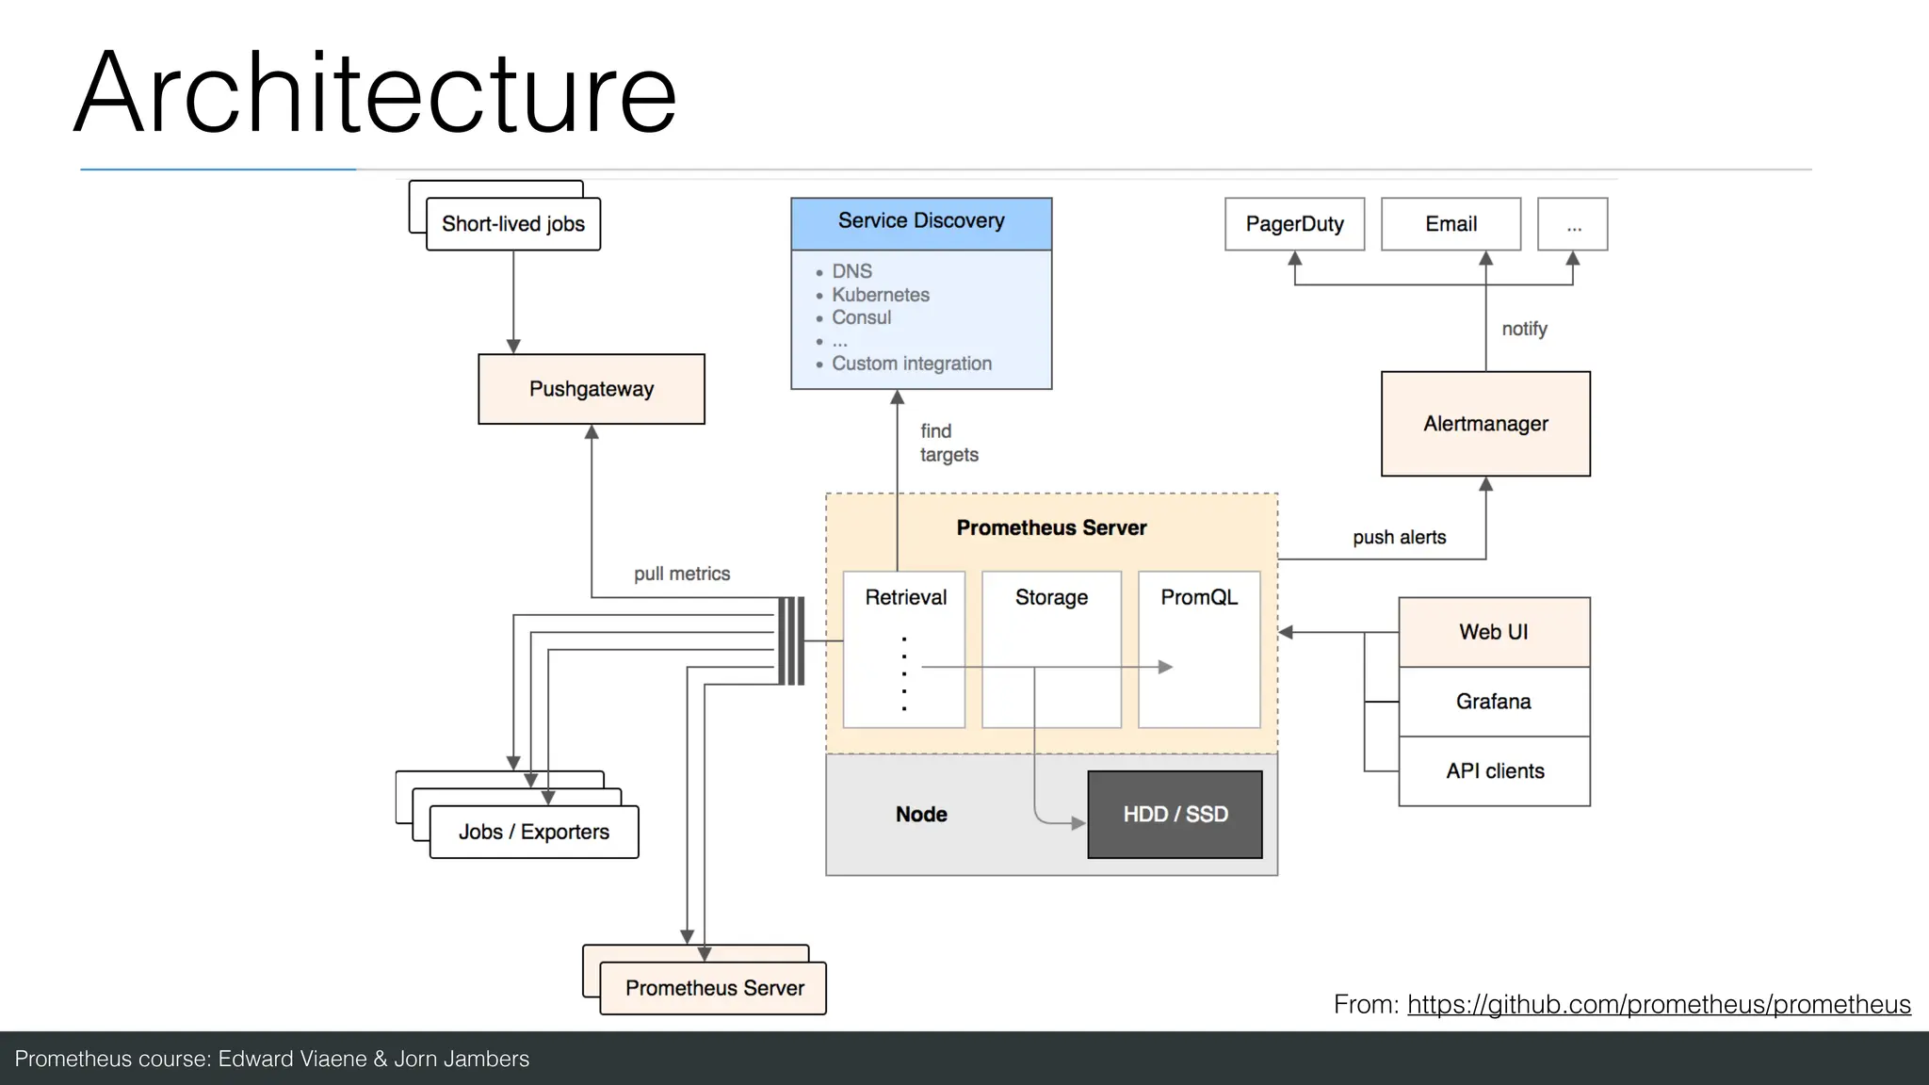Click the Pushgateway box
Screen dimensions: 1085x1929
point(591,389)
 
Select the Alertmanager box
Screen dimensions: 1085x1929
point(1484,424)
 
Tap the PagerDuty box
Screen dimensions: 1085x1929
point(1294,224)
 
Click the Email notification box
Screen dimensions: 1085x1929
point(1451,224)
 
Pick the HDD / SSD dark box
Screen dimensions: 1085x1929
point(1175,815)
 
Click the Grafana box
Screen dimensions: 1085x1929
point(1494,702)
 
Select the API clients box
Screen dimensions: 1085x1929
point(1494,771)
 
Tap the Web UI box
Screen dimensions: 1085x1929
point(1494,632)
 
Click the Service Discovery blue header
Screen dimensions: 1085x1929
point(920,222)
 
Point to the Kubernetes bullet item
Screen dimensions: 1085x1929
point(880,295)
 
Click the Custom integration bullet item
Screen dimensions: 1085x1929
point(911,364)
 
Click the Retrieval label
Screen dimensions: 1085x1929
point(905,597)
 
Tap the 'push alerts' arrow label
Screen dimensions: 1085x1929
point(1399,537)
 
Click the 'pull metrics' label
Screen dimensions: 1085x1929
point(682,574)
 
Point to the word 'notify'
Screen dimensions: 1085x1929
point(1524,329)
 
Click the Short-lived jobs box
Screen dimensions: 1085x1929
point(513,224)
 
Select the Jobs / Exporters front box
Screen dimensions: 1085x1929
point(533,832)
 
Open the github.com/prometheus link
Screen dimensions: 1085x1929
point(1659,1005)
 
